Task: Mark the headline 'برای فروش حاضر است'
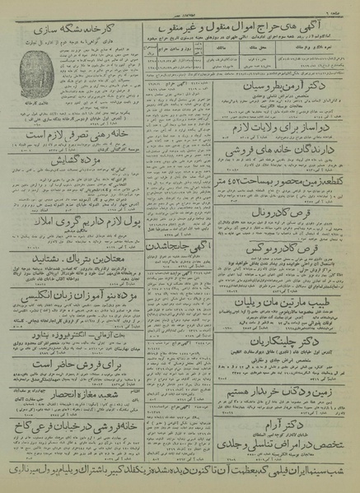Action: [x=72, y=360]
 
